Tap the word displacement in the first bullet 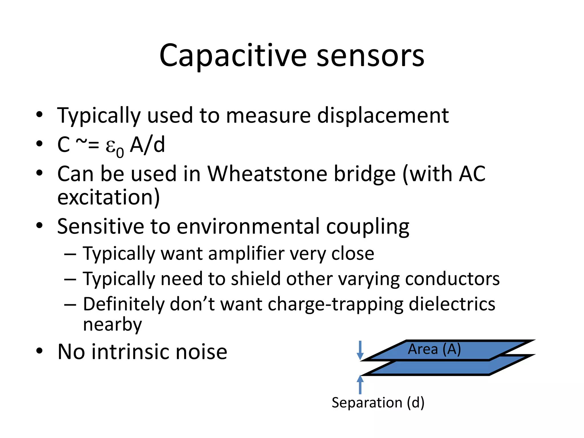[383, 116]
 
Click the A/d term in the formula [147, 145]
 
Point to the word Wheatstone [267, 174]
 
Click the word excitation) [108, 197]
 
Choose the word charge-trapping [335, 304]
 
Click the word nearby [112, 325]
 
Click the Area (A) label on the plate [434, 349]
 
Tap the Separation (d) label [378, 403]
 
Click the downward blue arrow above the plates [360, 350]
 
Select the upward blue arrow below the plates [360, 385]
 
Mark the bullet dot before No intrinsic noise [39, 351]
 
